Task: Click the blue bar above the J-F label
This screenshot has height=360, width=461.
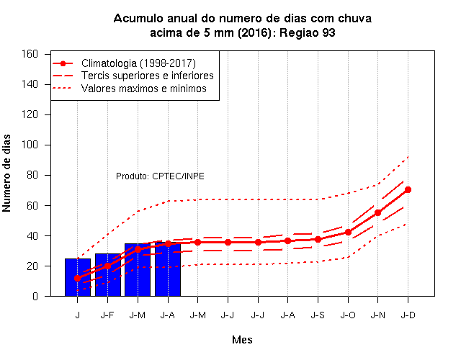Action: click(x=108, y=275)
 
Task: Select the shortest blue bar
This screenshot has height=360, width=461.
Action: click(x=78, y=277)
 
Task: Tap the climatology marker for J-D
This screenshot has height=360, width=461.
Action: click(x=408, y=190)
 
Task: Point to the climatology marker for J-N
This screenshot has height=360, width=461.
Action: click(x=377, y=213)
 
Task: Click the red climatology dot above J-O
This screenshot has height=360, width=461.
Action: click(x=348, y=232)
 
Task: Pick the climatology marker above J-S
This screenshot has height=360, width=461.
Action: click(x=318, y=240)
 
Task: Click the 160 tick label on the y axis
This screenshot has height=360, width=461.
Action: click(x=30, y=54)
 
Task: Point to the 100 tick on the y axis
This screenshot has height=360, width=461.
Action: click(x=30, y=145)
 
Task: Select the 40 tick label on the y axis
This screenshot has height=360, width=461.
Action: click(x=32, y=235)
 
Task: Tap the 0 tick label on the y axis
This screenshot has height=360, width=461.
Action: click(x=35, y=296)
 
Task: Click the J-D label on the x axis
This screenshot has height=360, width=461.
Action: click(x=408, y=315)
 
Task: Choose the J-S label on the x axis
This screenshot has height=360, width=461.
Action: click(x=318, y=315)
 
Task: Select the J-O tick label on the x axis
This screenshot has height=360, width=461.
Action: click(x=348, y=315)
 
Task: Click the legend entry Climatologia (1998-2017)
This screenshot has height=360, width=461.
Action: click(x=138, y=63)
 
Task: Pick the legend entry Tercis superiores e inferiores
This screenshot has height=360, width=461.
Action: click(x=148, y=76)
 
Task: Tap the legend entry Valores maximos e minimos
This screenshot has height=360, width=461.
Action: click(x=144, y=89)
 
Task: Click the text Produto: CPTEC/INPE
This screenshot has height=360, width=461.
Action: click(x=160, y=176)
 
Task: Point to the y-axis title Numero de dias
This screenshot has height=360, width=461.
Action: click(x=6, y=173)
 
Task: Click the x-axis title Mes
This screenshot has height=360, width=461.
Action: click(x=242, y=340)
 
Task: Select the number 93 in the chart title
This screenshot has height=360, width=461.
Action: click(x=328, y=32)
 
